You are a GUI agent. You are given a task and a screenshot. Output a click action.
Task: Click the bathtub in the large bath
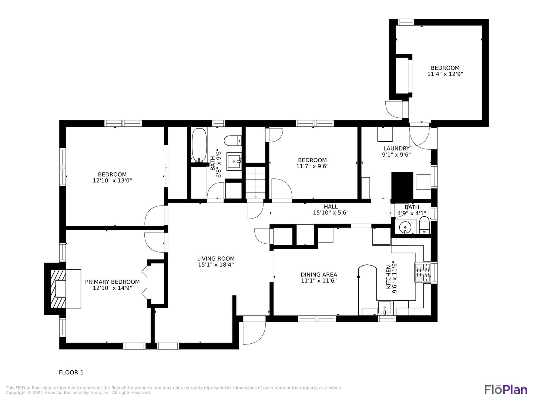[199, 145]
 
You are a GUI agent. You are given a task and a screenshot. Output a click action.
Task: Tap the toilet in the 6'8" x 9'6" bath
[232, 141]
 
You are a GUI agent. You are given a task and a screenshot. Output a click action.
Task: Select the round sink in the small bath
[405, 227]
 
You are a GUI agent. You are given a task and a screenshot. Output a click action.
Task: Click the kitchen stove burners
[423, 273]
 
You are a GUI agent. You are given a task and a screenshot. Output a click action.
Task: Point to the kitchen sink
[385, 308]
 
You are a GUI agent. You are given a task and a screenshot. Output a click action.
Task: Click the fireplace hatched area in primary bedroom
[58, 289]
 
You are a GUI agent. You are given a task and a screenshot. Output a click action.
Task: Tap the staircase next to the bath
[255, 182]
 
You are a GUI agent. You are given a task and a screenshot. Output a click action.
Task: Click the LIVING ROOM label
[216, 259]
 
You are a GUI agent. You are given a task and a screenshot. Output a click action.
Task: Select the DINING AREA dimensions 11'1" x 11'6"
[319, 281]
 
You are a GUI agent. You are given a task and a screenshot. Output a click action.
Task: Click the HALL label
[331, 206]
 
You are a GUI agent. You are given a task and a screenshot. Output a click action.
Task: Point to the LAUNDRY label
[396, 149]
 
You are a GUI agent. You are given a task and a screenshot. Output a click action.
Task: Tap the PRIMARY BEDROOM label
[112, 282]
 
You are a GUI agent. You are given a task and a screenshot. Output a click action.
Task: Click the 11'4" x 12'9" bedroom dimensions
[445, 74]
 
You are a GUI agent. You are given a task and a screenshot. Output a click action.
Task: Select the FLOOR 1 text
[71, 372]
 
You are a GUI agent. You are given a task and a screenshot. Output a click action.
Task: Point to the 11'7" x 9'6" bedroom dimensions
[312, 166]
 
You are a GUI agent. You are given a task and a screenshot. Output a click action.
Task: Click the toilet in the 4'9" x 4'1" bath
[424, 225]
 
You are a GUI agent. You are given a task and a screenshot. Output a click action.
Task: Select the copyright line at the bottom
[78, 393]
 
